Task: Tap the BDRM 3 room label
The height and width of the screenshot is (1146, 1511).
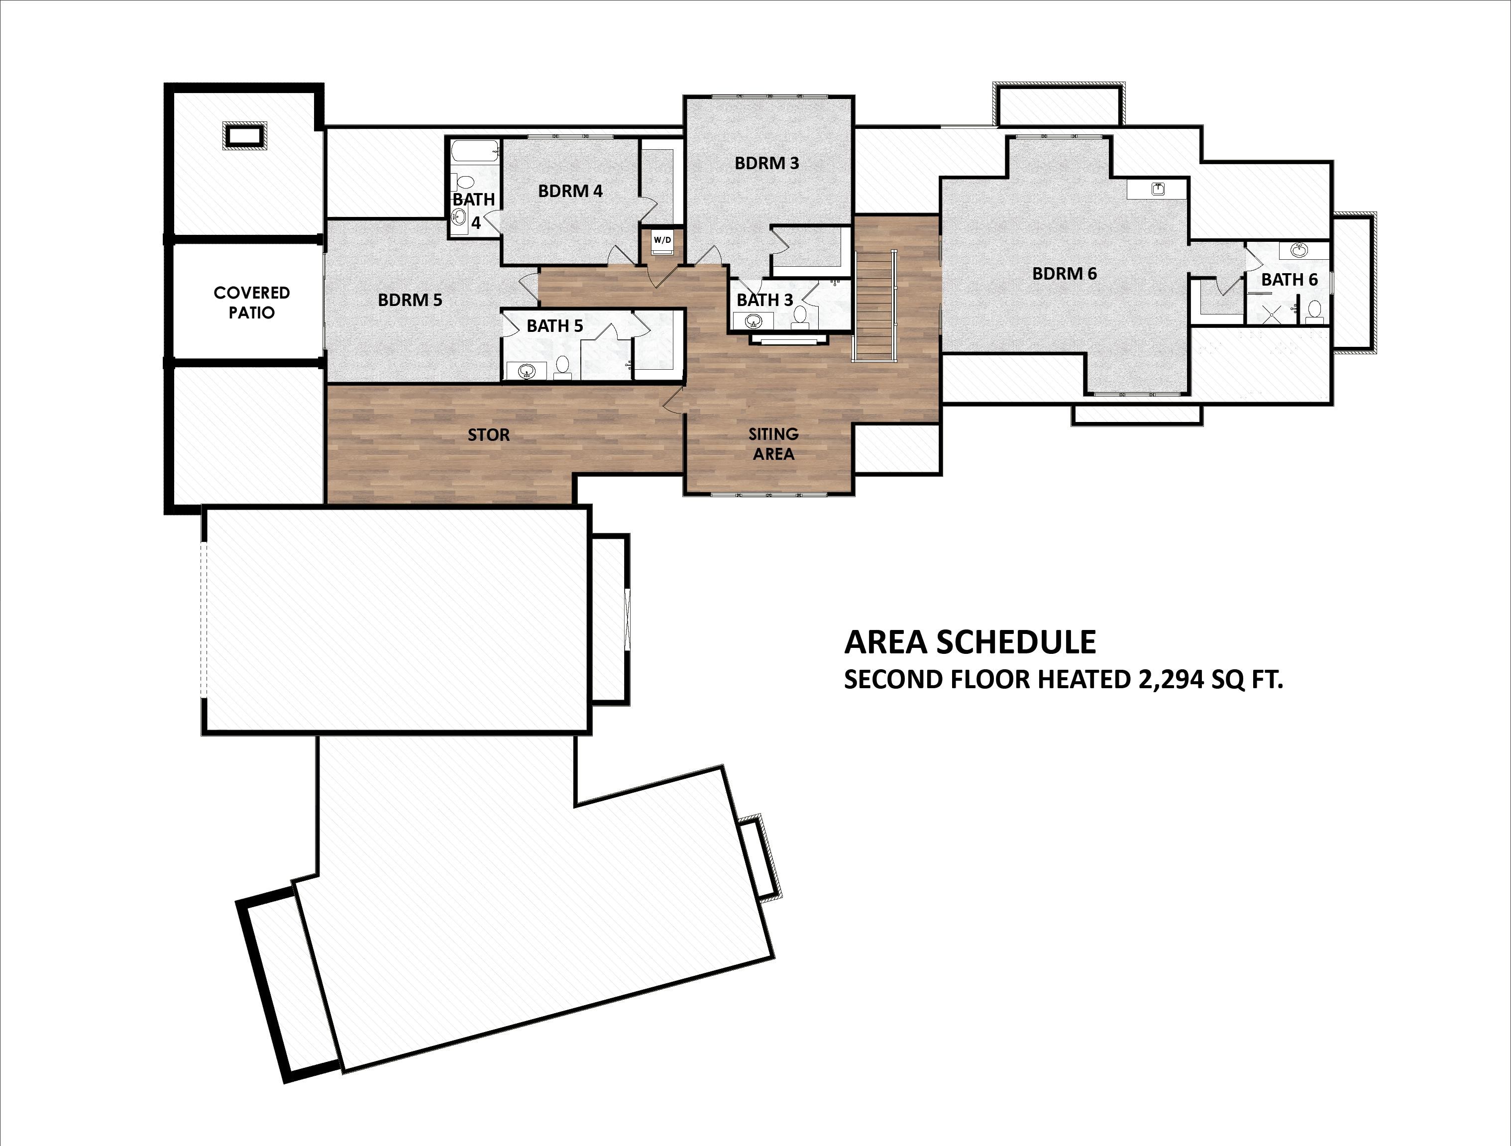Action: pyautogui.click(x=766, y=163)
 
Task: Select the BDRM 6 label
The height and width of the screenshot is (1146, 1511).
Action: pyautogui.click(x=1064, y=274)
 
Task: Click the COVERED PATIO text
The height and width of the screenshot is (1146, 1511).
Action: pyautogui.click(x=251, y=303)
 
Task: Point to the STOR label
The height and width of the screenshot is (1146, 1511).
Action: pyautogui.click(x=488, y=435)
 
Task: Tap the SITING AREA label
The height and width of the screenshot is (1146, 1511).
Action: pyautogui.click(x=773, y=444)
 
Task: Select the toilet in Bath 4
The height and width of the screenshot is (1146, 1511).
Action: pyautogui.click(x=465, y=182)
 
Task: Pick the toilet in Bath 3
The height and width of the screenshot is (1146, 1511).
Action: pyautogui.click(x=800, y=315)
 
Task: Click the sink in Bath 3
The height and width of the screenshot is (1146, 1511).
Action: pyautogui.click(x=754, y=319)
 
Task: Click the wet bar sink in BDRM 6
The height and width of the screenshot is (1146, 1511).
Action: pyautogui.click(x=1157, y=189)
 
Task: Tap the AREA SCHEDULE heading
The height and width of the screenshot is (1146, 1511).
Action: pyautogui.click(x=970, y=642)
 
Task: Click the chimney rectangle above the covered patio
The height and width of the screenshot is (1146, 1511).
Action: pyautogui.click(x=244, y=135)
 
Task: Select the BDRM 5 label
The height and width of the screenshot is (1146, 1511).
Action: pyautogui.click(x=410, y=300)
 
